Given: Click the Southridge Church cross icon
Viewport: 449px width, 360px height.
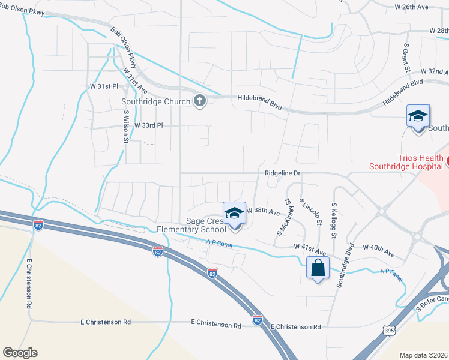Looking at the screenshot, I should coord(200,101).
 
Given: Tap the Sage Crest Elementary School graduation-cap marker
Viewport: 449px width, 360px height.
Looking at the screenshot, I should coord(235,214).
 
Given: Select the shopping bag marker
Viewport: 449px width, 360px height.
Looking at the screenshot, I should coord(318,268).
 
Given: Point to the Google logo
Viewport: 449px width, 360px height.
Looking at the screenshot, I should coord(20,353).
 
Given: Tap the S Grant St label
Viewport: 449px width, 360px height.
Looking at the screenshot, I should coord(406,58).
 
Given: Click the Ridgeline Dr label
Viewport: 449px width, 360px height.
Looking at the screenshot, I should coord(282,173).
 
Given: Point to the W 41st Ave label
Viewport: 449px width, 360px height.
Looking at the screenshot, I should coord(310,247).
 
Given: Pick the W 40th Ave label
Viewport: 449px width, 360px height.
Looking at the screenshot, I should coord(379,247).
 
